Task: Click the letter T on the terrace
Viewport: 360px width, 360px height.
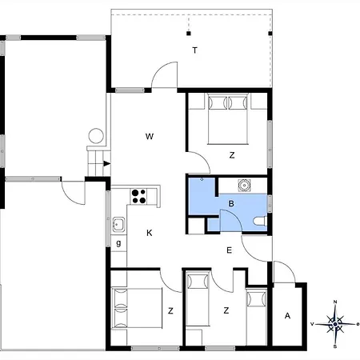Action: coord(195,50)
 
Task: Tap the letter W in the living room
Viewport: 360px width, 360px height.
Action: coord(150,136)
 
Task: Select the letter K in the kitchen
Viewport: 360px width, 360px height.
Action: coord(150,233)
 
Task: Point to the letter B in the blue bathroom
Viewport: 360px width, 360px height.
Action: coord(231,204)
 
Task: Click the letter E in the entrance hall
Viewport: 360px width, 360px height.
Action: coord(229,250)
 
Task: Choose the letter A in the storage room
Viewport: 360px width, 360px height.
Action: coord(287,316)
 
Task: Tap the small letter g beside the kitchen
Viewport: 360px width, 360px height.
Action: coord(118,243)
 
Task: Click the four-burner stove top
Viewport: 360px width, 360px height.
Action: coord(138,196)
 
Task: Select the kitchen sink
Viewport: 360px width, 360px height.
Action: coord(118,224)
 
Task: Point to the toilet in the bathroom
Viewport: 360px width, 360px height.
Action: coord(260,222)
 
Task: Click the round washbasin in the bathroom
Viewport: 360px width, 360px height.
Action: coord(244,185)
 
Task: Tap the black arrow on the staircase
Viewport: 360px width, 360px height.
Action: coord(107,164)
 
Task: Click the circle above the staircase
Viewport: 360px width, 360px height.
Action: coord(96,136)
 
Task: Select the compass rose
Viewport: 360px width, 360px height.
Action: coord(335,324)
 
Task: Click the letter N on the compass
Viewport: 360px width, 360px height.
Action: coord(335,302)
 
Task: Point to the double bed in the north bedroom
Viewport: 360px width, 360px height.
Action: coord(228,119)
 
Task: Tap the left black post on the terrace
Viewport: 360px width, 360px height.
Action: coord(189,34)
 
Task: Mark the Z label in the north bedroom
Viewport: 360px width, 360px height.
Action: coord(232,155)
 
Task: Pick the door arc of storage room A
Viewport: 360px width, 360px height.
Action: coord(287,268)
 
